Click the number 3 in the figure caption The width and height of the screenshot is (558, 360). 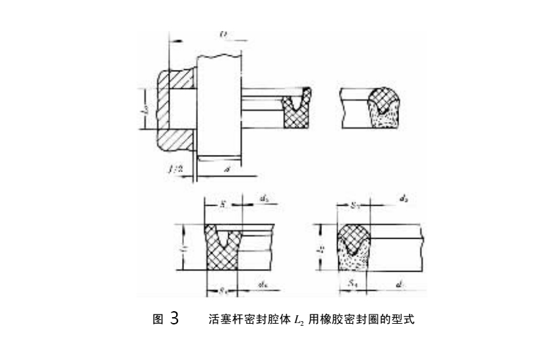[174, 319]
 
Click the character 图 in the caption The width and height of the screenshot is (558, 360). [158, 320]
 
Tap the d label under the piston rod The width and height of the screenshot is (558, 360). [228, 170]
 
